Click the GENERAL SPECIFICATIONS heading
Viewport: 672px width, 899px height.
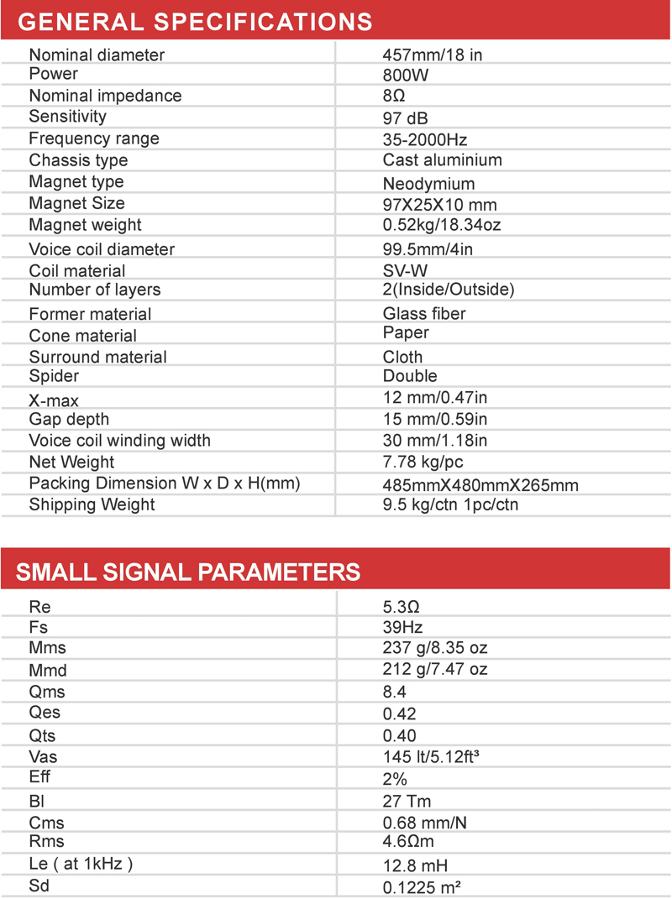coord(195,20)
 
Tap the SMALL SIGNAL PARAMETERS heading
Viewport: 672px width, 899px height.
coord(188,572)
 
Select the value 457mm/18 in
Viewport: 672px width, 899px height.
coord(432,55)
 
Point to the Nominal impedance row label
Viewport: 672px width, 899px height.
coord(105,96)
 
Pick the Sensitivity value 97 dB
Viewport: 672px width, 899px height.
coord(405,118)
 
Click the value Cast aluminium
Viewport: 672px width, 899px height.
coord(442,160)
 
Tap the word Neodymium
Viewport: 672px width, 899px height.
coord(428,183)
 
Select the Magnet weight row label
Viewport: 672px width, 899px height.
coord(85,225)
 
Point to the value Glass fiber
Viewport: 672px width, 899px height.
coord(424,314)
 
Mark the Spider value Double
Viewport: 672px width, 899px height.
coord(410,376)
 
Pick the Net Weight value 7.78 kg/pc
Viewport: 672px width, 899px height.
coord(423,463)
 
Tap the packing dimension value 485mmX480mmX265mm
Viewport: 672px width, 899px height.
coord(480,485)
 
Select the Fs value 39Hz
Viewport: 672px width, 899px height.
coord(402,628)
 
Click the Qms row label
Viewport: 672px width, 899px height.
coord(46,693)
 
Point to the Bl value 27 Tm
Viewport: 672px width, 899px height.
coord(407,802)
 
